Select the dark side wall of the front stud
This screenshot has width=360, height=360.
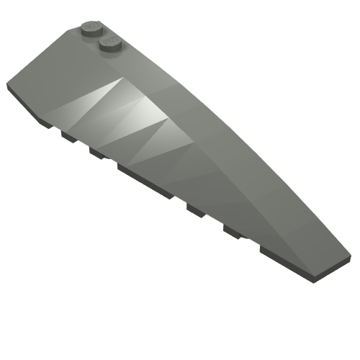tap(109, 50)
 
